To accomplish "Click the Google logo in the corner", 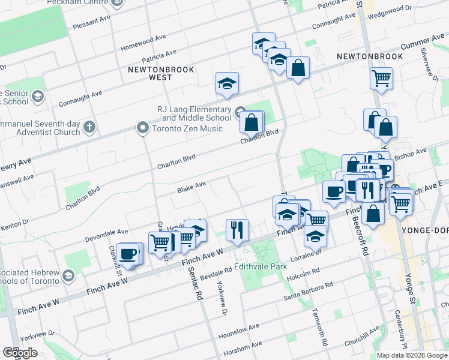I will coord(20,353).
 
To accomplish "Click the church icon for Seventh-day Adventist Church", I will coord(89,127).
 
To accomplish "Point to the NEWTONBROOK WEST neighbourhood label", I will coord(161,73).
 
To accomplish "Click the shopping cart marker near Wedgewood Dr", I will coord(381,77).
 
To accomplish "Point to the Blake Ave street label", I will coord(191,187).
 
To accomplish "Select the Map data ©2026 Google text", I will coord(412,355).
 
